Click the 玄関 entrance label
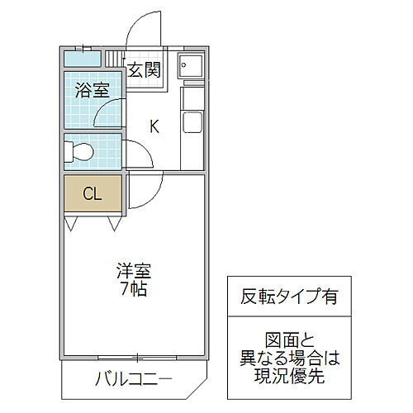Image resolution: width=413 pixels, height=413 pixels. [145, 70]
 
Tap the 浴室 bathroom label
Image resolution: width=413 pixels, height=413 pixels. [93, 90]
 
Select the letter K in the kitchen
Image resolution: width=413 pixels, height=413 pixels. [154, 126]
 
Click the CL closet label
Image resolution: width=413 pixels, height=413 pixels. [93, 193]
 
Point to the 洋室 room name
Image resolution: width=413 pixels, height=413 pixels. [134, 271]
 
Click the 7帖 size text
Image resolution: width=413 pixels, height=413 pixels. [134, 289]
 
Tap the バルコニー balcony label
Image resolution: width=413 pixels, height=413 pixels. [133, 379]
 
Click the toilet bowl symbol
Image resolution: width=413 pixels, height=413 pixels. [79, 152]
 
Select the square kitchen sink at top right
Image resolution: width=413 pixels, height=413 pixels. [191, 65]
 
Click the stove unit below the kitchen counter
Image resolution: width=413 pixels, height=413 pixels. [193, 122]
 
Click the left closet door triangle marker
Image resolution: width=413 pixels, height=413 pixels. [71, 223]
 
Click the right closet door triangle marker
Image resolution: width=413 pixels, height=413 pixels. [114, 223]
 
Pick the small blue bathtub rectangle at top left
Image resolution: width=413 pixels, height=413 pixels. [83, 59]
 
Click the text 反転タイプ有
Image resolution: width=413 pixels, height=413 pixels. [289, 297]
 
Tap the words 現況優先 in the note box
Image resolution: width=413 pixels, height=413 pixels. [289, 376]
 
